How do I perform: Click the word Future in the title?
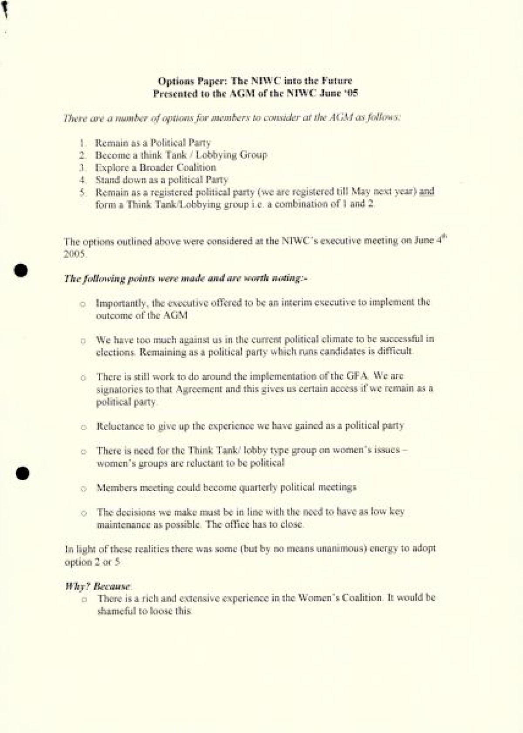pos(336,81)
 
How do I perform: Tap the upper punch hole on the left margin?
pos(20,270)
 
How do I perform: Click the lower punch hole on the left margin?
pos(21,473)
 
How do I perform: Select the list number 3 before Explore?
pos(82,168)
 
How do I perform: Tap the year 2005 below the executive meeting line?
pos(75,254)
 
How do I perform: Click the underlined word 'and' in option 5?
pos(427,191)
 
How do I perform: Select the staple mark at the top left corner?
pos(6,10)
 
